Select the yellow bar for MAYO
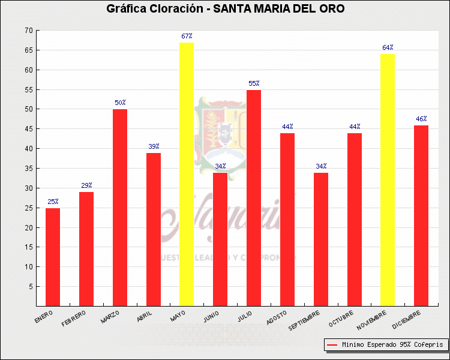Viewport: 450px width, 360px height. (187, 174)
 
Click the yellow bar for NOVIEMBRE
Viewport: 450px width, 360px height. (388, 180)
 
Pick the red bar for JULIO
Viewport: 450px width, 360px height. (254, 198)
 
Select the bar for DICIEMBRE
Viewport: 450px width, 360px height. (421, 215)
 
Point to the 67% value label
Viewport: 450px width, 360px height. (187, 37)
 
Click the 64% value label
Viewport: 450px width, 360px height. (388, 47)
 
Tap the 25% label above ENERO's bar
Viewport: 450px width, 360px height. (53, 202)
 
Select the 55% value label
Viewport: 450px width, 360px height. (254, 83)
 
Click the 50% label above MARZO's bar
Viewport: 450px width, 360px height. (120, 103)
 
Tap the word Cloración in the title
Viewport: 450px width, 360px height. (171, 9)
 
